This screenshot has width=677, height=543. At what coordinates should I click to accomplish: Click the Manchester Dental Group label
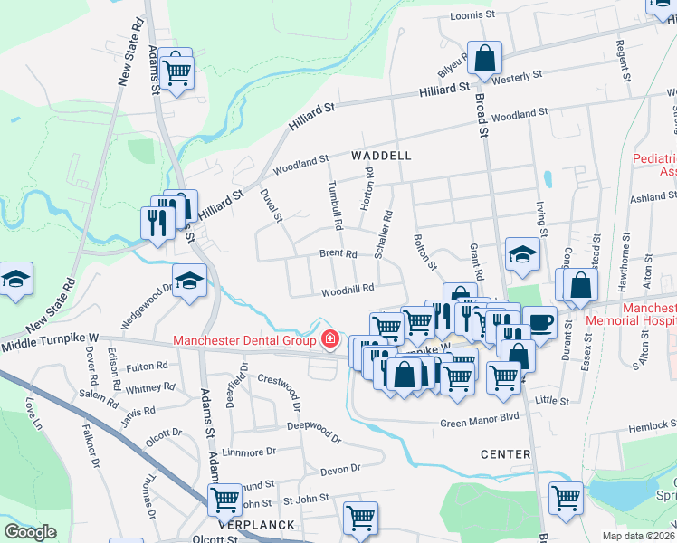(245, 340)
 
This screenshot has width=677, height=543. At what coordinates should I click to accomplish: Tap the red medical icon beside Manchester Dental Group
(331, 340)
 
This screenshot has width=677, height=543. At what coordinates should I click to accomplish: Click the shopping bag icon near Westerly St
(485, 59)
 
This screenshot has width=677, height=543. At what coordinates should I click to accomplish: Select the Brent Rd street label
(338, 254)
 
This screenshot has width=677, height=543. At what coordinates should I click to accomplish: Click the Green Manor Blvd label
(480, 417)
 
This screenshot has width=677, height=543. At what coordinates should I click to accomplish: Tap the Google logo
(31, 532)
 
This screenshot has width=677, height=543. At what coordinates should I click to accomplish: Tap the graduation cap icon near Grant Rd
(522, 256)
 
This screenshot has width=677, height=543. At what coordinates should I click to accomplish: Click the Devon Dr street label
(340, 469)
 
